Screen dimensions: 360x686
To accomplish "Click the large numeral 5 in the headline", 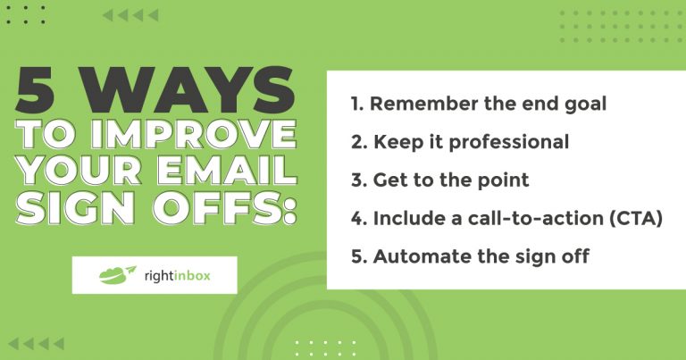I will (43, 91).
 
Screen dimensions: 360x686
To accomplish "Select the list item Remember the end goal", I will (478, 103).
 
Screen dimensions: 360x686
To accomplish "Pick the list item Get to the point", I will (439, 180).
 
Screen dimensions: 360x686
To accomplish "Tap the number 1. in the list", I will (356, 103).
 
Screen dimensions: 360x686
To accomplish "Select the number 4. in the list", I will (358, 219).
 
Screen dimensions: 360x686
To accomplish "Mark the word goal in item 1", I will (585, 103).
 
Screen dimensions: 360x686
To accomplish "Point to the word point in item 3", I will (504, 180).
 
